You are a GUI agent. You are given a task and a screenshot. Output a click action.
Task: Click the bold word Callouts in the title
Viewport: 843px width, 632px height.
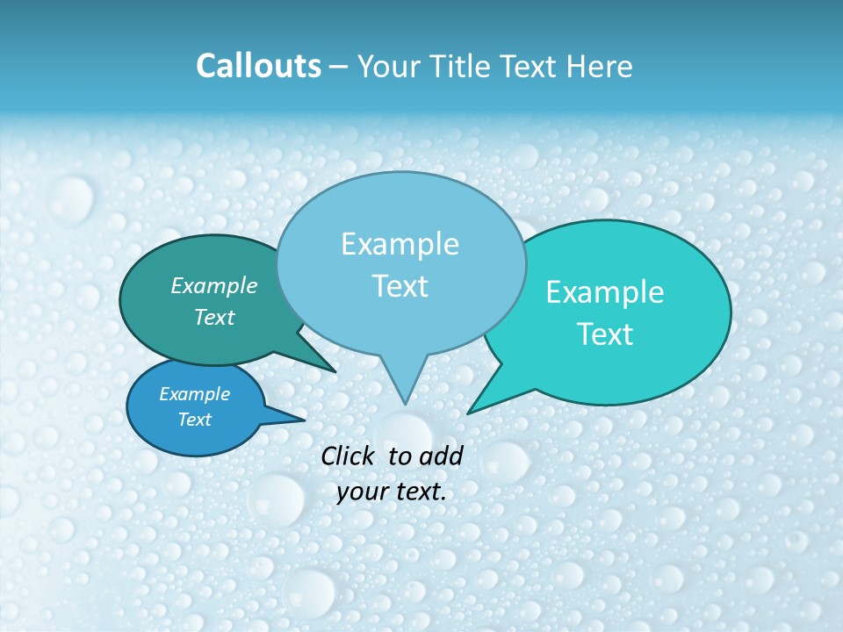pos(259,66)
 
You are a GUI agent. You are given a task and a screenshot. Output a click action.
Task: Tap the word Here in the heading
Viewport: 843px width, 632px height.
pos(600,66)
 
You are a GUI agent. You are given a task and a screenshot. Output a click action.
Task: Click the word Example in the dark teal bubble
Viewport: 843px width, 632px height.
pos(214,286)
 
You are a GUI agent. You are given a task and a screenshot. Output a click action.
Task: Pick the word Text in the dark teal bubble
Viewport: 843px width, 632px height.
pos(214,318)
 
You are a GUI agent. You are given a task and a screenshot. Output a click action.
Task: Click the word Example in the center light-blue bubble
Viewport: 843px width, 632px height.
pos(400,244)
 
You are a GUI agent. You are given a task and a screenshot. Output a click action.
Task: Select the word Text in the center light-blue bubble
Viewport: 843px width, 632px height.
pos(400,286)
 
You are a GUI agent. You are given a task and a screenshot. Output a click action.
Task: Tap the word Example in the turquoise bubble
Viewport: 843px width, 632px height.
pos(605,292)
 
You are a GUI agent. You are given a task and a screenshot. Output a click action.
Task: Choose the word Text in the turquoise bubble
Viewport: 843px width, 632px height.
pos(605,334)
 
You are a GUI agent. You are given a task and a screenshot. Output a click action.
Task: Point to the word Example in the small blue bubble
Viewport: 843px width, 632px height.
pos(195,394)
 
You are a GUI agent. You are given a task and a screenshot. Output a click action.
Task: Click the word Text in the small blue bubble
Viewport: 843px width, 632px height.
pos(195,420)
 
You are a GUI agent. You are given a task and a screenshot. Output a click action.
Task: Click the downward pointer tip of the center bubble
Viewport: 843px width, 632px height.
pos(405,403)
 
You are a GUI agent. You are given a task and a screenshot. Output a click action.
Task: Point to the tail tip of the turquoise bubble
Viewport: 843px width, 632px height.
pos(469,413)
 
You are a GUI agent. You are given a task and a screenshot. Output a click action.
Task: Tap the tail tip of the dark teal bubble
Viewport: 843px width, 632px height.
pos(335,371)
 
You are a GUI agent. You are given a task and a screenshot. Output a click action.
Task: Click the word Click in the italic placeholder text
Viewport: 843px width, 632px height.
pos(348,456)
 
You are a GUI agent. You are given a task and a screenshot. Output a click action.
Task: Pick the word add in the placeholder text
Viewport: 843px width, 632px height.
pos(441,456)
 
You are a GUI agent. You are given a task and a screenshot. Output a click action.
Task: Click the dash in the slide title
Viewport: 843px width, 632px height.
pos(339,67)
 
